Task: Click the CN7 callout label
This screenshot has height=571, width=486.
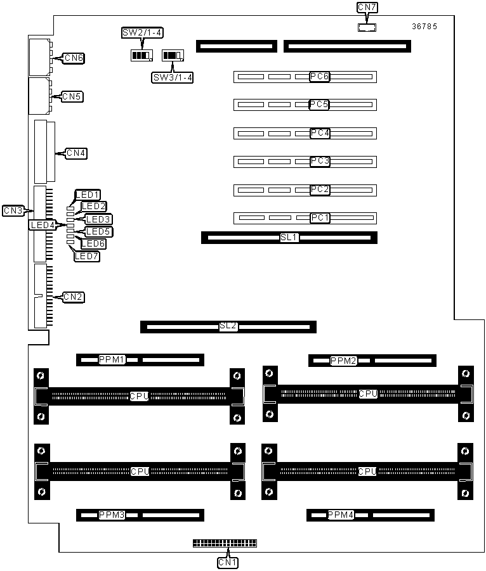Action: point(367,7)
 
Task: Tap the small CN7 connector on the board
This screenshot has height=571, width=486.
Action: point(367,27)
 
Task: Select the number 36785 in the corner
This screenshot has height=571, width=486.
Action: point(424,26)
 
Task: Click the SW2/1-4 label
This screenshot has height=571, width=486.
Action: point(142,33)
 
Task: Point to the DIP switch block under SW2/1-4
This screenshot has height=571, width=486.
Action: point(141,55)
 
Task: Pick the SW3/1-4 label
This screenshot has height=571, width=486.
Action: point(173,77)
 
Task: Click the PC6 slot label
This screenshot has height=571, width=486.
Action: point(319,77)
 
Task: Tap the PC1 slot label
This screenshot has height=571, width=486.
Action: point(320,218)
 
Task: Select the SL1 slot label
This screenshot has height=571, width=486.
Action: point(289,238)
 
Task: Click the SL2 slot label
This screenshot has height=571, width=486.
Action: point(228,326)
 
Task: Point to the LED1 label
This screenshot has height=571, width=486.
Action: point(88,195)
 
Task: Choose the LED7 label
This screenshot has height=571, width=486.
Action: point(87,257)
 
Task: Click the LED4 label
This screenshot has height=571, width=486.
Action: point(43,226)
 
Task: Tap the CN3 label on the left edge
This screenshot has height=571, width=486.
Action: point(13,211)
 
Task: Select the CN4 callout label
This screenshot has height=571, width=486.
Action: point(76,153)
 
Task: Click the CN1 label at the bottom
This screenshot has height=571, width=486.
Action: point(228,563)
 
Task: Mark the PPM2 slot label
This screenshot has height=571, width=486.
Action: point(343,361)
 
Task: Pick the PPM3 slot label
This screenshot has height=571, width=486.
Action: point(112,515)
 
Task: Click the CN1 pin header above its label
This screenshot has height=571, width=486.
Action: point(225,543)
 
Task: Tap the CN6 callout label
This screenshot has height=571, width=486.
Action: point(74,58)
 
